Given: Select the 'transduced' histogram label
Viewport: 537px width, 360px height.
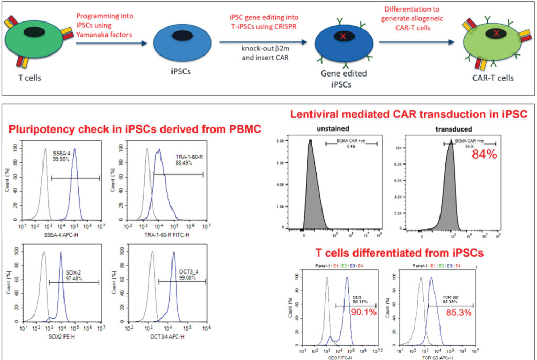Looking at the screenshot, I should pyautogui.click(x=454, y=129).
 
